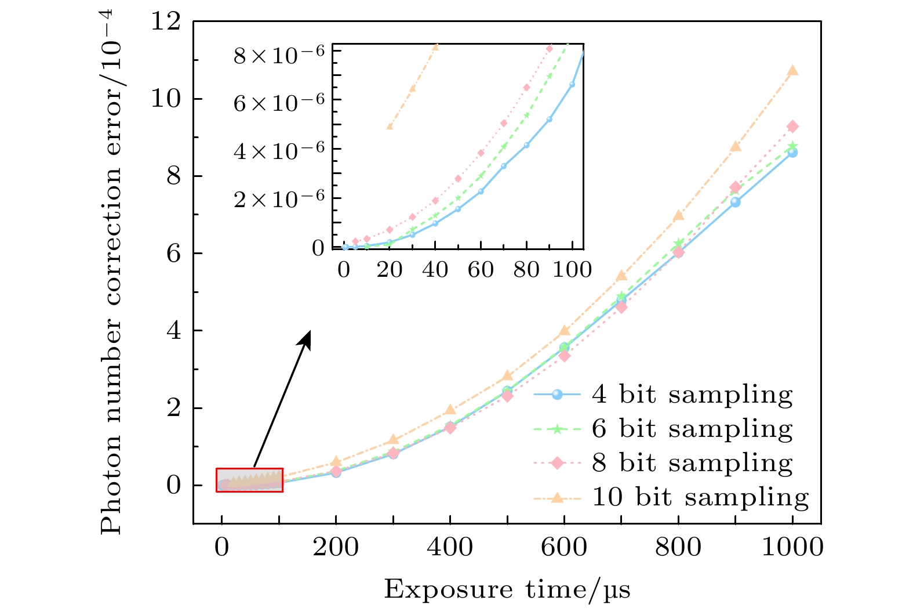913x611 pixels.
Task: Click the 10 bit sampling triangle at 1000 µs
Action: (x=792, y=71)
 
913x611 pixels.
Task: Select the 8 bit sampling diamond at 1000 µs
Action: (x=792, y=126)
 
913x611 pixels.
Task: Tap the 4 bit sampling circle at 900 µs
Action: (x=735, y=202)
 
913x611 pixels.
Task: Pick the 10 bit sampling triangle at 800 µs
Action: (x=678, y=216)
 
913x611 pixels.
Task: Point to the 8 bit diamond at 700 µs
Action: (x=621, y=307)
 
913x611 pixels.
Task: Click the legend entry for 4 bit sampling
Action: (x=692, y=395)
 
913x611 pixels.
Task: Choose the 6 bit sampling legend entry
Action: (x=692, y=429)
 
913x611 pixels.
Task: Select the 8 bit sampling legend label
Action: (x=692, y=463)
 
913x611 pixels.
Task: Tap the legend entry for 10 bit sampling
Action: (x=700, y=497)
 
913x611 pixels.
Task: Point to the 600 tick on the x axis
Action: (x=564, y=547)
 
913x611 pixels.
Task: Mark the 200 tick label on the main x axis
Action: (x=336, y=547)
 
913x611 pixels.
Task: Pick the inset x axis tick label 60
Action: (x=481, y=270)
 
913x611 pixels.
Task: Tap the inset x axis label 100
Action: (x=572, y=270)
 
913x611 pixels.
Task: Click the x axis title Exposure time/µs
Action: (x=507, y=590)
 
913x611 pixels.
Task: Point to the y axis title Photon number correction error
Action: (x=112, y=273)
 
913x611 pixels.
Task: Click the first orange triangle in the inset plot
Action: (x=390, y=126)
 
